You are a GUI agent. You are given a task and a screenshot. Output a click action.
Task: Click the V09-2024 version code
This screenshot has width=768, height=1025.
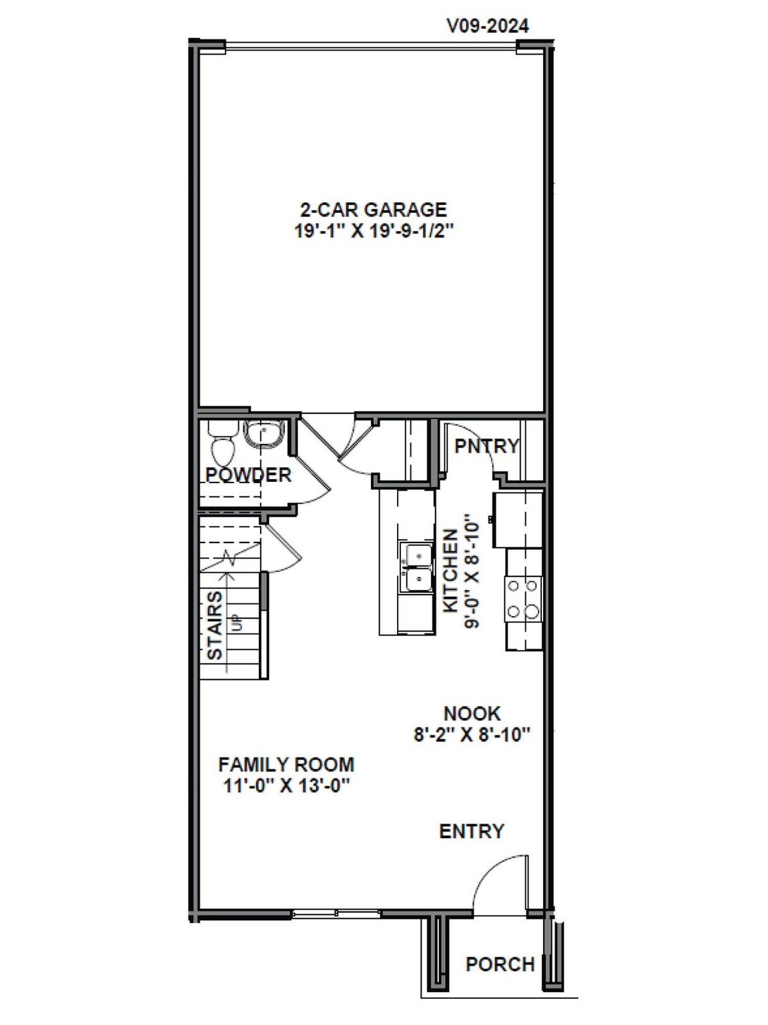click(x=487, y=26)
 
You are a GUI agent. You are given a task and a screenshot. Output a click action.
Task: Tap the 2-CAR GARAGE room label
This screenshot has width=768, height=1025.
click(x=373, y=210)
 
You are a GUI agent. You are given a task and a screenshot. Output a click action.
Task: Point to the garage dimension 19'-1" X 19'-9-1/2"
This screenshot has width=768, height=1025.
click(x=373, y=231)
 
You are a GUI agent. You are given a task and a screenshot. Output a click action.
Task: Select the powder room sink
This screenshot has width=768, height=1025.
click(x=263, y=435)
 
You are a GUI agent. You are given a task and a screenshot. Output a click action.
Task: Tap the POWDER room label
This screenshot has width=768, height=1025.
click(x=248, y=475)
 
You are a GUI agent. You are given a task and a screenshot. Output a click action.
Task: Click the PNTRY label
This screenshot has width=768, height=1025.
click(x=486, y=446)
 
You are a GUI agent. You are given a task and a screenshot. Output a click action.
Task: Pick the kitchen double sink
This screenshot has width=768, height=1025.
click(x=415, y=568)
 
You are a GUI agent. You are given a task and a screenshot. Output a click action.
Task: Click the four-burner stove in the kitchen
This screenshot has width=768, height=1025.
click(x=523, y=599)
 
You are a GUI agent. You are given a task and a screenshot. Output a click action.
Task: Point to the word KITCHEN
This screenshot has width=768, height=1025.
click(x=451, y=571)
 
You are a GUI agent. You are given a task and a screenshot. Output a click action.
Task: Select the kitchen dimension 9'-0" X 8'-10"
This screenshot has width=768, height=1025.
click(x=472, y=571)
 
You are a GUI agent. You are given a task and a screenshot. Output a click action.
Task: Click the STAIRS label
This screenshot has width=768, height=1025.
click(x=215, y=625)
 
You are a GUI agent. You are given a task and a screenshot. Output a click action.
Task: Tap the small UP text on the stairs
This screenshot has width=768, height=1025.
click(x=236, y=624)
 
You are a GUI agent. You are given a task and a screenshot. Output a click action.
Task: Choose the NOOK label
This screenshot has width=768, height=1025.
click(x=472, y=713)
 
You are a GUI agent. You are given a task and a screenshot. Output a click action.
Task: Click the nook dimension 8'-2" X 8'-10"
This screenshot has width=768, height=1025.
click(x=472, y=735)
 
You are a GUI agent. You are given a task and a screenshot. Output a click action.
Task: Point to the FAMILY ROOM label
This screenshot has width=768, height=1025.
click(x=286, y=764)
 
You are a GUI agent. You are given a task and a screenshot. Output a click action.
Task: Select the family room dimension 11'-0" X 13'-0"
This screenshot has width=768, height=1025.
click(x=286, y=785)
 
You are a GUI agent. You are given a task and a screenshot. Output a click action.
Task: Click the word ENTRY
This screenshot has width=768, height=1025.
click(x=471, y=831)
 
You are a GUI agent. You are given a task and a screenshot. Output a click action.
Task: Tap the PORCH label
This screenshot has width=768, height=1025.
click(x=500, y=964)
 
